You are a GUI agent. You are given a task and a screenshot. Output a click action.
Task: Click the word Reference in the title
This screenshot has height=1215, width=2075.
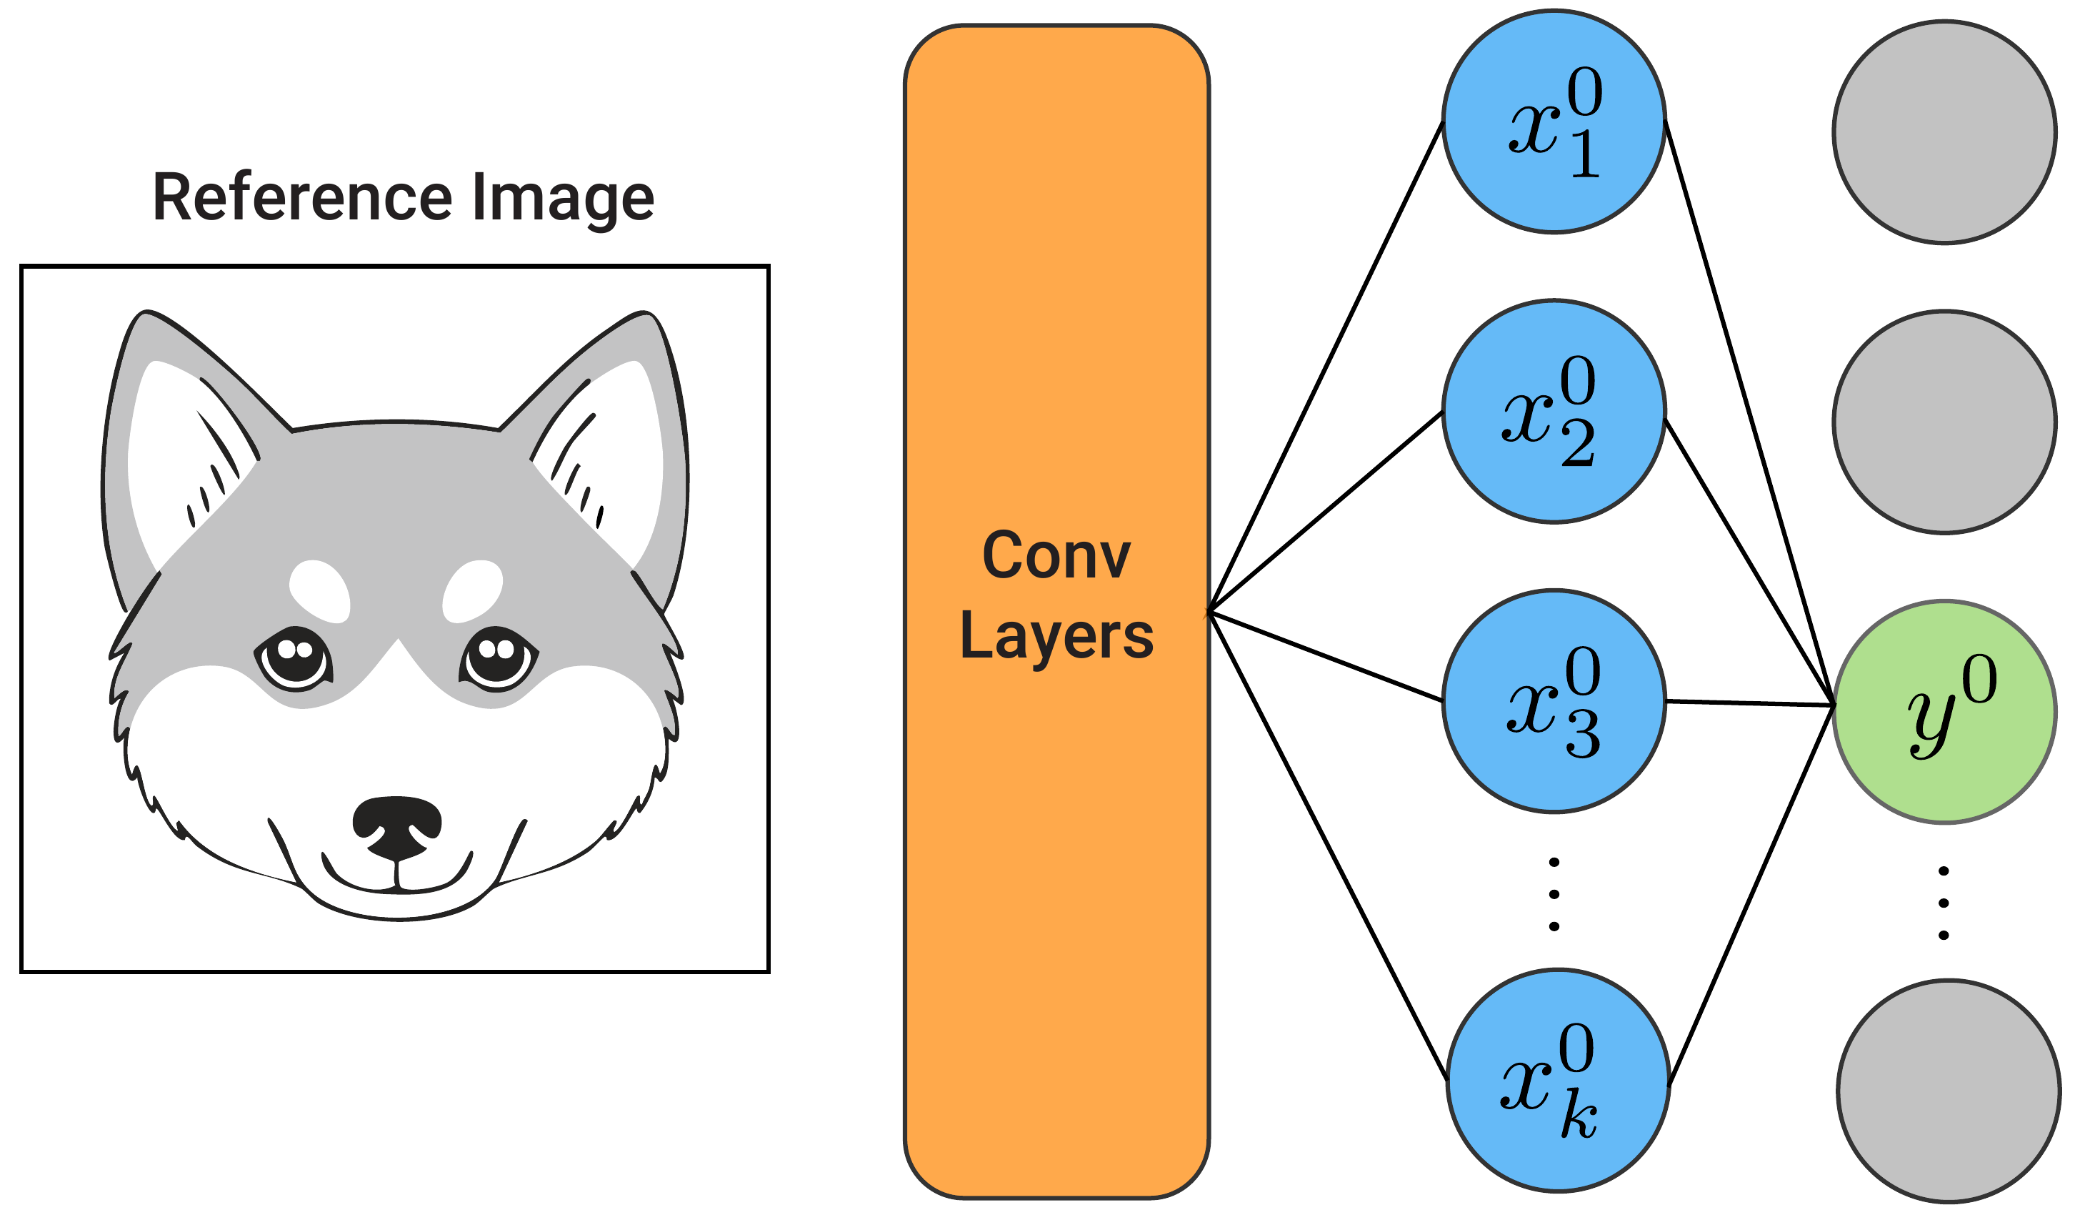pyautogui.click(x=302, y=198)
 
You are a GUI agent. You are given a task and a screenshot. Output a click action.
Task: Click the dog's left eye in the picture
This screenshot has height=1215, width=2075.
pyautogui.click(x=295, y=659)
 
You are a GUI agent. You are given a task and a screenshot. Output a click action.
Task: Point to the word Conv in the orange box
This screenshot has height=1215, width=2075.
pyautogui.click(x=1056, y=556)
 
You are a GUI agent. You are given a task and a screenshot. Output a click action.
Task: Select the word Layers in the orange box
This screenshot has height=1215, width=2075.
pyautogui.click(x=1056, y=636)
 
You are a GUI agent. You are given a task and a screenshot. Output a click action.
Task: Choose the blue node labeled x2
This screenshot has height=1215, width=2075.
pyautogui.click(x=1554, y=412)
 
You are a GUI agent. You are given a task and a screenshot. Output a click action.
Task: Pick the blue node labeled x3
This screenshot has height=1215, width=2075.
pyautogui.click(x=1554, y=702)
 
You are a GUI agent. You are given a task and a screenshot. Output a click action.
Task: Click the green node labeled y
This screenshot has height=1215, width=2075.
pyautogui.click(x=1944, y=712)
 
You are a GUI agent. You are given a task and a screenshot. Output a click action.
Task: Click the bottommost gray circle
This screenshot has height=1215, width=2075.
pyautogui.click(x=1948, y=1091)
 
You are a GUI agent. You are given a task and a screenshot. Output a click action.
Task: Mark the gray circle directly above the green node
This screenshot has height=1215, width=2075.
pyautogui.click(x=1944, y=422)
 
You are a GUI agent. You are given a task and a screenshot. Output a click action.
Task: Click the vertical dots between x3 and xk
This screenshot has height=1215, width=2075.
pyautogui.click(x=1554, y=894)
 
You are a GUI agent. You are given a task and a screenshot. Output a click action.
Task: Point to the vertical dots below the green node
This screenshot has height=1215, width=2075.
pyautogui.click(x=1944, y=903)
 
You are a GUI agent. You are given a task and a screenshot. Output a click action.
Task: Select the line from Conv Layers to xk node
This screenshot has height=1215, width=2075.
pyautogui.click(x=1327, y=846)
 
